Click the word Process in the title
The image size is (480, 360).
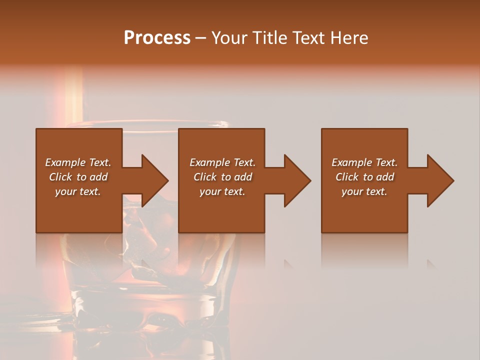tap(157, 38)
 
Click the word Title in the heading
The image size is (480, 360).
tap(270, 38)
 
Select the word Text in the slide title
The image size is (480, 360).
tap(309, 38)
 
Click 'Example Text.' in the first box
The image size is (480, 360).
tap(78, 162)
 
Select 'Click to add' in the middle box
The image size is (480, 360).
tap(222, 177)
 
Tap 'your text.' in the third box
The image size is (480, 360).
tap(364, 191)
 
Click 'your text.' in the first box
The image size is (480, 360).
tap(78, 191)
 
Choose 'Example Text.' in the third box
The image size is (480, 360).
tap(364, 162)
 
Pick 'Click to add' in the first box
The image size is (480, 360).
tap(78, 177)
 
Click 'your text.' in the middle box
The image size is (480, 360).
tap(222, 191)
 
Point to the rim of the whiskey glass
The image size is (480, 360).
tap(150, 123)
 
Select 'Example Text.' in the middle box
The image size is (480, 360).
tap(222, 162)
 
